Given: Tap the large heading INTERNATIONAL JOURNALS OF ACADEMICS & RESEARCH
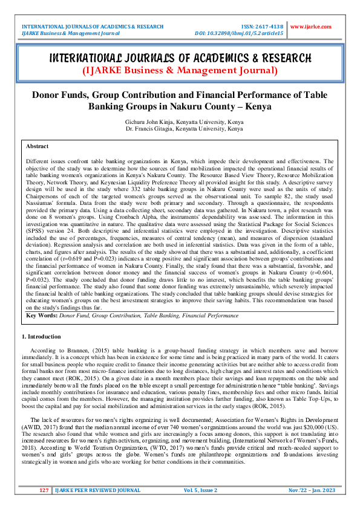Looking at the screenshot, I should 180,58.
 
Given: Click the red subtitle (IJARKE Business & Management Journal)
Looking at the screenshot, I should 180,71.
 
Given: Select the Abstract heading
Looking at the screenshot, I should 37,146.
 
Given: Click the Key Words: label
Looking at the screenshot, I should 42,315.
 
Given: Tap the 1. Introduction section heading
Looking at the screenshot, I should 42,337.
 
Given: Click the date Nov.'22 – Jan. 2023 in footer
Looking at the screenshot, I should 309,490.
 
